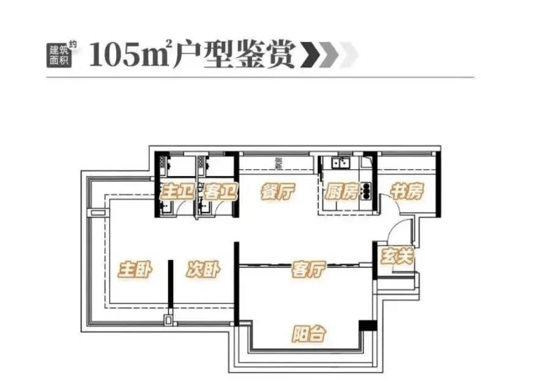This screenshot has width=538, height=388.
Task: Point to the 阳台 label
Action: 309,332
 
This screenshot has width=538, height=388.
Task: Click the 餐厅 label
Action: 277,192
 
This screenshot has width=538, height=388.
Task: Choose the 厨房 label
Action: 342,192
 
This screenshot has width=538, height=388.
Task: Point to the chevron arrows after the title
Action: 332,54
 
